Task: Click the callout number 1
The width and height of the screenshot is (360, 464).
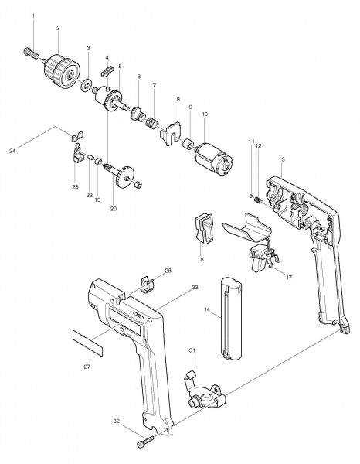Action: (33, 15)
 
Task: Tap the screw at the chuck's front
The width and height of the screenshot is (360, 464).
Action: (30, 53)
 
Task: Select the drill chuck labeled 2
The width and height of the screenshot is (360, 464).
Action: (62, 71)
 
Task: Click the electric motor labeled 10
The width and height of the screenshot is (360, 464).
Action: (213, 161)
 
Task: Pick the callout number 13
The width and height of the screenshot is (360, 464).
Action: (281, 159)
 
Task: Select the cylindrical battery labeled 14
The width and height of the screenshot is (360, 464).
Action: (232, 319)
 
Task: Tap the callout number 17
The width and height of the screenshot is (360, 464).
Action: (289, 278)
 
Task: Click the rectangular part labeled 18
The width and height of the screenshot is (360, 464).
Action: (203, 228)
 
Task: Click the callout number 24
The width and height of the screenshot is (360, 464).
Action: (12, 152)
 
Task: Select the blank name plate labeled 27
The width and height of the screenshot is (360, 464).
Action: (87, 343)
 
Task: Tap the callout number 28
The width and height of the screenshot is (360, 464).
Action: (168, 271)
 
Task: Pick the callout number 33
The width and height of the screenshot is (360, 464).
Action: (195, 288)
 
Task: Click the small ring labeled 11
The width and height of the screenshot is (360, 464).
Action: (251, 196)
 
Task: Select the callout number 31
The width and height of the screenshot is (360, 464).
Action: (192, 350)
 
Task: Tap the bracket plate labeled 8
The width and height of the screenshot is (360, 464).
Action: (171, 133)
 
